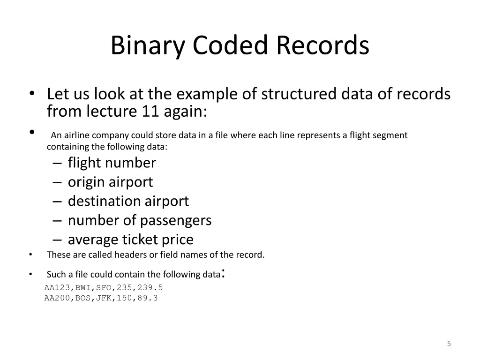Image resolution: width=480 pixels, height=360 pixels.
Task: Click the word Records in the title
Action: [x=322, y=46]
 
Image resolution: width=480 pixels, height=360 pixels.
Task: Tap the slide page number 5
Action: [x=449, y=344]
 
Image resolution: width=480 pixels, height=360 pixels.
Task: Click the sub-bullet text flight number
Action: [x=112, y=163]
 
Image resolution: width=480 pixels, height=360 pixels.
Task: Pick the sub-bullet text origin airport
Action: [x=110, y=182]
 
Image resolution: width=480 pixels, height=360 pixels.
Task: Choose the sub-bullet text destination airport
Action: [x=128, y=201]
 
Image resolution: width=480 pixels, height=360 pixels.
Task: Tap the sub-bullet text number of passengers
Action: [x=139, y=220]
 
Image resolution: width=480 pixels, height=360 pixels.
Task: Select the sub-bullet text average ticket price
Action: [x=130, y=240]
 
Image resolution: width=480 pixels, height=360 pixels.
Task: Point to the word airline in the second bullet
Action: [x=76, y=135]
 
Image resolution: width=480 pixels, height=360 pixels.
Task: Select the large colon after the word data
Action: [x=224, y=273]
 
